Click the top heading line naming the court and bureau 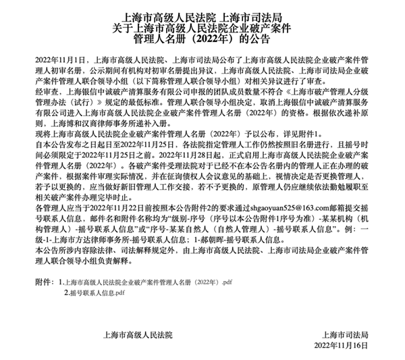pos(202,16)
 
